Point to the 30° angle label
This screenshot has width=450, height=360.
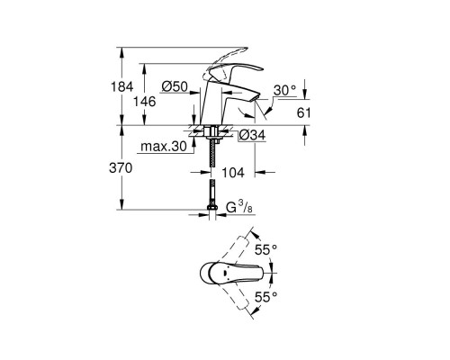[284, 91]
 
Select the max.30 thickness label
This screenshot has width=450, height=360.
[162, 147]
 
